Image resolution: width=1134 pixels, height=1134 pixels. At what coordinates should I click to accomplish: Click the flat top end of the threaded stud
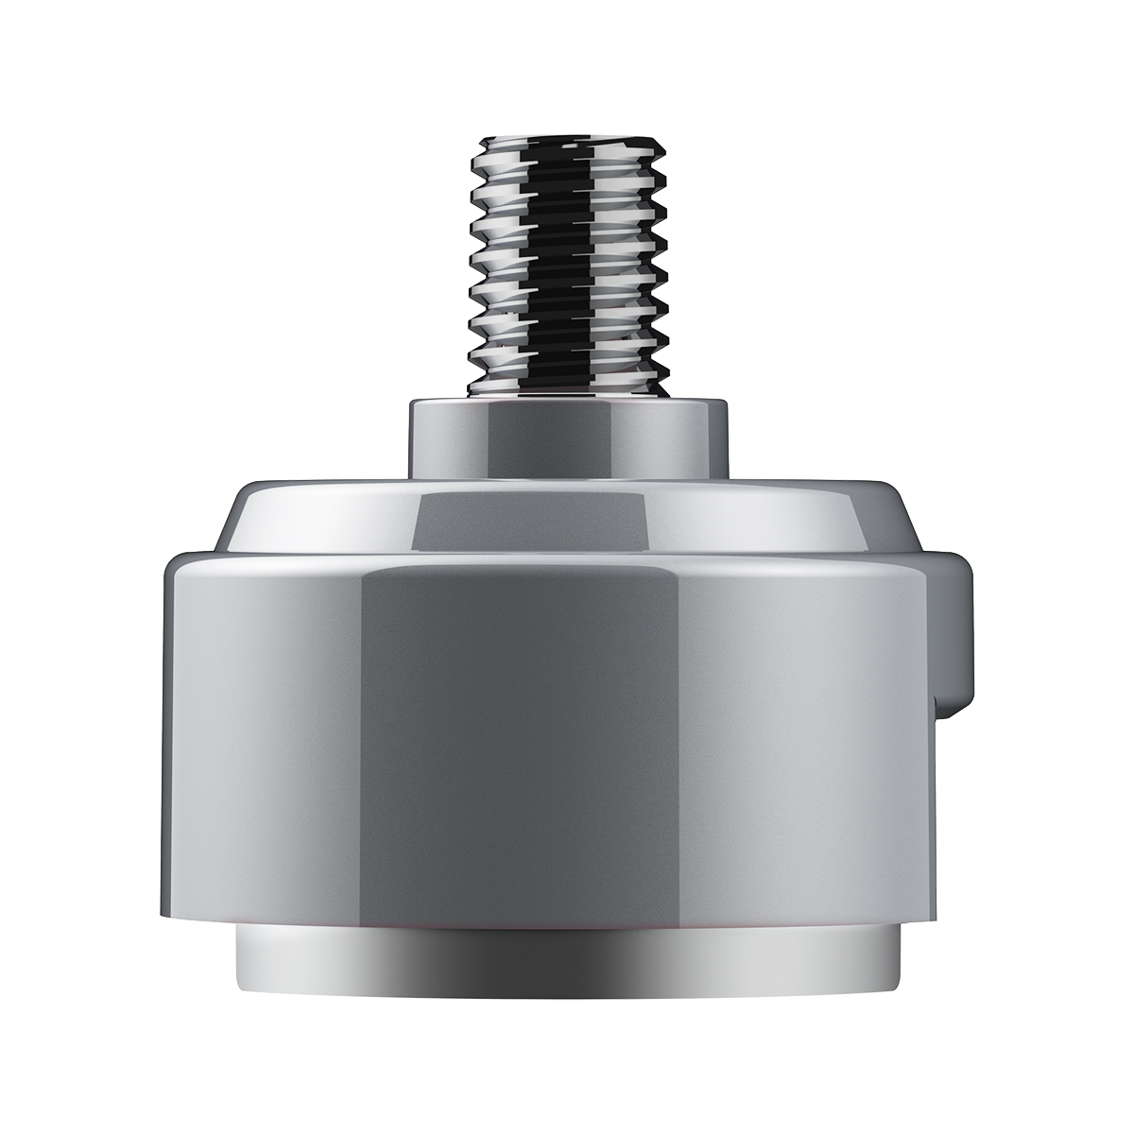click(x=567, y=143)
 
